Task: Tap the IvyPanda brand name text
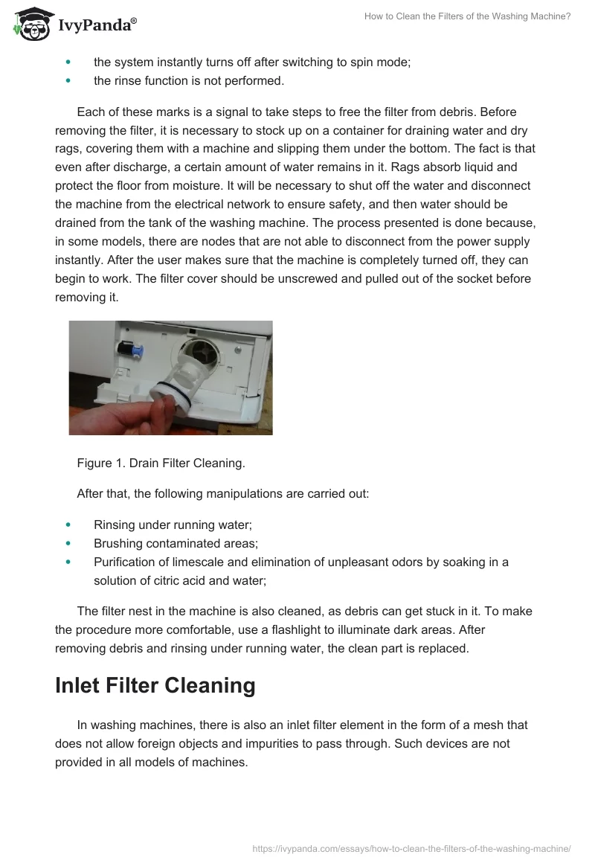point(97,26)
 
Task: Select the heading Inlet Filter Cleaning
point(155,685)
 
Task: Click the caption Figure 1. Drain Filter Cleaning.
point(161,463)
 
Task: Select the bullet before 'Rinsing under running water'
point(69,524)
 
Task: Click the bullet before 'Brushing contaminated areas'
point(69,543)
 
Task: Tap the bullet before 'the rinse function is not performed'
point(69,80)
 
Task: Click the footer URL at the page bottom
point(411,847)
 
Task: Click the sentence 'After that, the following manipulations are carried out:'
point(222,493)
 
